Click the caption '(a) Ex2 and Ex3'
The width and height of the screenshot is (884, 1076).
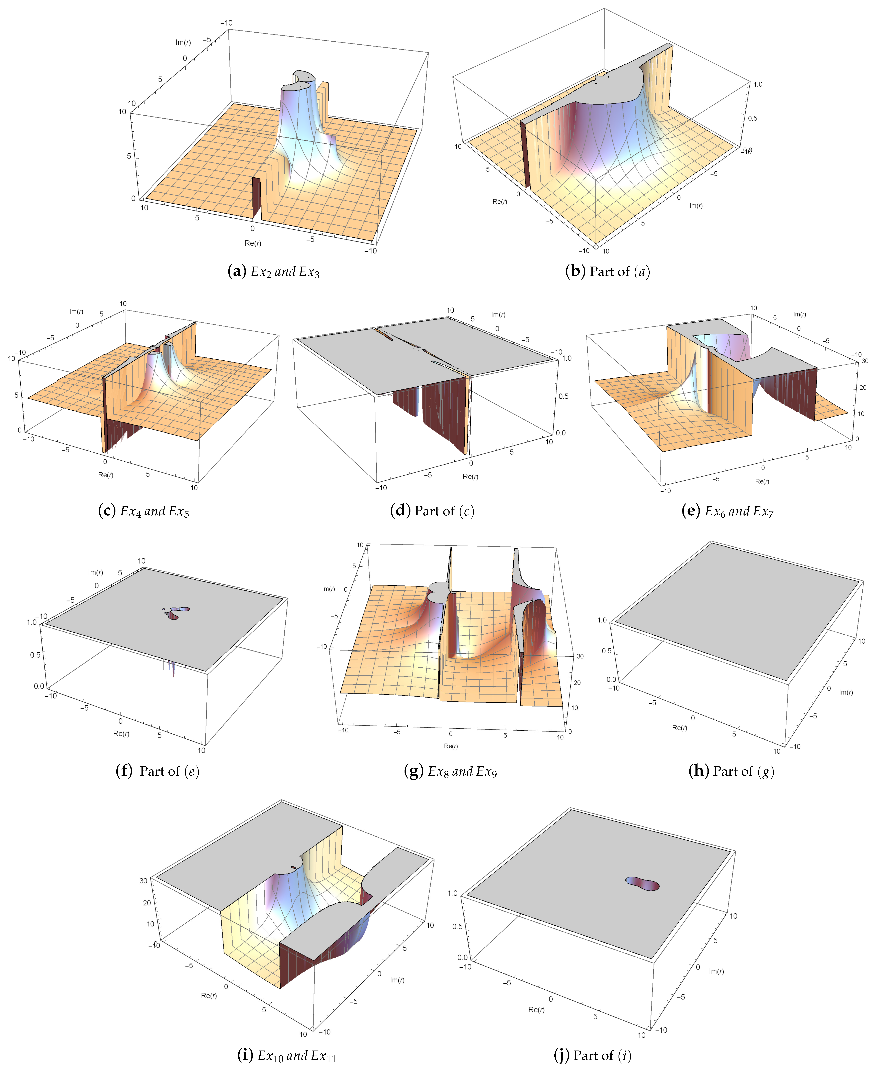click(273, 272)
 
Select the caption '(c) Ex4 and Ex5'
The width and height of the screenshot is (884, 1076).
click(144, 511)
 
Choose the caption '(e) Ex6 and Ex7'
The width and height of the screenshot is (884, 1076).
click(728, 511)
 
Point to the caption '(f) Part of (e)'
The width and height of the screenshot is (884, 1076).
click(158, 771)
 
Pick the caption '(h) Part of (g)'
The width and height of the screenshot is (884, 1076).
click(731, 771)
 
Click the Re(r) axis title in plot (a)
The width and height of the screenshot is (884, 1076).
click(253, 243)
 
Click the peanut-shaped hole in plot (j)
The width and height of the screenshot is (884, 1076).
click(642, 883)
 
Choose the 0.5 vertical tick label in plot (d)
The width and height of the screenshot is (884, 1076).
click(564, 396)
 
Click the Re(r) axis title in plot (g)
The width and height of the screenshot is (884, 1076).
click(451, 746)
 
